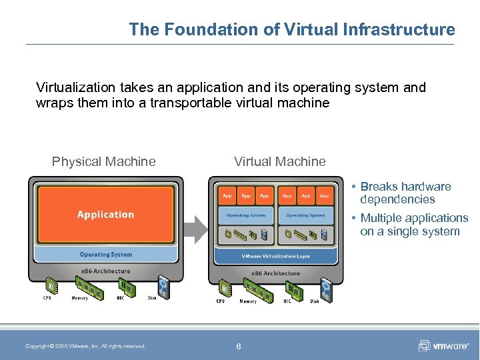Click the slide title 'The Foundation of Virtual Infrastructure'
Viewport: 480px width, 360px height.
point(292,29)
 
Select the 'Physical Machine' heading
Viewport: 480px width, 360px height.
point(104,161)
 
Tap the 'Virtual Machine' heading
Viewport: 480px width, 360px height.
point(280,161)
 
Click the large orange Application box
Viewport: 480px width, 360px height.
point(105,215)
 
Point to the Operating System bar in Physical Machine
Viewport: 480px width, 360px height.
point(105,255)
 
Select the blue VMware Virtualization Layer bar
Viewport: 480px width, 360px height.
point(276,257)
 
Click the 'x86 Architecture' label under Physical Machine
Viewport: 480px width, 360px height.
point(105,271)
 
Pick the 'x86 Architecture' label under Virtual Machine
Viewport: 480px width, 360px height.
point(276,273)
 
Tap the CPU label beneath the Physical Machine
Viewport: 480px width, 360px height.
point(47,298)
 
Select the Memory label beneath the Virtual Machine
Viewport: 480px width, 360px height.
point(248,301)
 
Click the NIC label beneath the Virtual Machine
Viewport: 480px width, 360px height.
point(287,301)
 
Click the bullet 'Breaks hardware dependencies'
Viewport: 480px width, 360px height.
point(405,193)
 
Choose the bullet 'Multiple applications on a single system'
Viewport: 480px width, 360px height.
point(413,225)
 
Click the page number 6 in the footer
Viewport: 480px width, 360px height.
point(239,346)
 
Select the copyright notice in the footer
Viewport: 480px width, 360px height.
point(85,346)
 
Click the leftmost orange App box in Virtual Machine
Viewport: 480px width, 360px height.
point(227,196)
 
